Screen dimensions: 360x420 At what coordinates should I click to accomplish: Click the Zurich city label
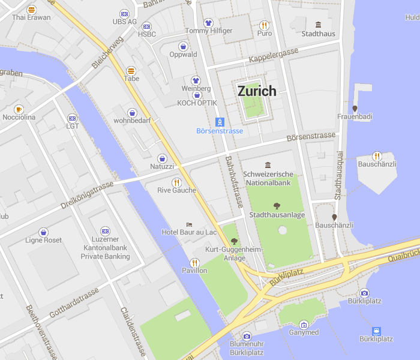(257, 91)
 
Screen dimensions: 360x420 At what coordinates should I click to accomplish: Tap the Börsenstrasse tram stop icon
(220, 121)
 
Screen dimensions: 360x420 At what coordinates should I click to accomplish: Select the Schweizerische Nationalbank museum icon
(268, 165)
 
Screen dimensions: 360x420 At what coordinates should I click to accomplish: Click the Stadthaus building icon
(318, 25)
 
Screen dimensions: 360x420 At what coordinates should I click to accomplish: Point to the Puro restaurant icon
(264, 25)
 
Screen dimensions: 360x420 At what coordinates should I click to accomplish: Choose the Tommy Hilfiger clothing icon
(208, 22)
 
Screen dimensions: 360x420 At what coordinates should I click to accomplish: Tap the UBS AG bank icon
(124, 13)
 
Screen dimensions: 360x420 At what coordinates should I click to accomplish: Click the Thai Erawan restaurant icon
(31, 10)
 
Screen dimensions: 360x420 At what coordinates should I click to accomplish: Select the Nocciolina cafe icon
(19, 109)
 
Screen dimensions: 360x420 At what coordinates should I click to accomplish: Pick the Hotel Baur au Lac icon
(189, 224)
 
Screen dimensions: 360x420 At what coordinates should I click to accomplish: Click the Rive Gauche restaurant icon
(176, 182)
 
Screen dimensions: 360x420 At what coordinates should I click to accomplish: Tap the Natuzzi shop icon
(162, 158)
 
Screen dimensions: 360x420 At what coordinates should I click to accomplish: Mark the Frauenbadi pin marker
(355, 109)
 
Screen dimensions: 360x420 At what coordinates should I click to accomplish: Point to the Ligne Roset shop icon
(43, 232)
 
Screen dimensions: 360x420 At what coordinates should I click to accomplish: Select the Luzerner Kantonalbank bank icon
(105, 231)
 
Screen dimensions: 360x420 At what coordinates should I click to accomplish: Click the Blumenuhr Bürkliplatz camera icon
(247, 336)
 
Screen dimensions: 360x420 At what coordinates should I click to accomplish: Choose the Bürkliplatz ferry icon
(376, 331)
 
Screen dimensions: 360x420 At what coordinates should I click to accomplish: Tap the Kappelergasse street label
(273, 58)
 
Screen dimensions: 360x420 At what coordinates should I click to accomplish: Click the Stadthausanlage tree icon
(277, 206)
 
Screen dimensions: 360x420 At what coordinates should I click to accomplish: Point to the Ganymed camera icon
(304, 325)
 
